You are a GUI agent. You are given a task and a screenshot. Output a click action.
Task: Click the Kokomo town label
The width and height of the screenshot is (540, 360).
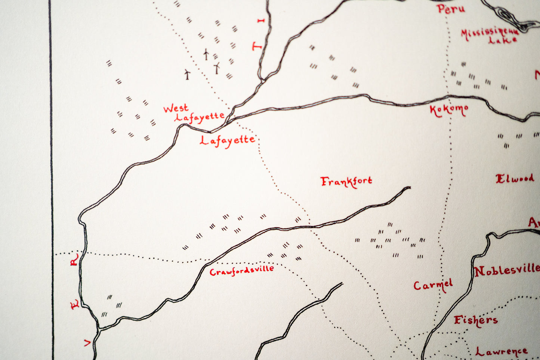point(449,110)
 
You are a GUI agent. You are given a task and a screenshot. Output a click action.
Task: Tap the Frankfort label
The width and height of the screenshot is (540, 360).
point(346,182)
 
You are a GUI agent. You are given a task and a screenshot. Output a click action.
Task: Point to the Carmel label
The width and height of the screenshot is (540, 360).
point(433,285)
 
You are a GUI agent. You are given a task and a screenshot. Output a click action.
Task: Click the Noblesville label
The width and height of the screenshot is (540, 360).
point(507,270)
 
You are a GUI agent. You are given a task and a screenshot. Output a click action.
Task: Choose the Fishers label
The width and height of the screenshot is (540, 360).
point(475,320)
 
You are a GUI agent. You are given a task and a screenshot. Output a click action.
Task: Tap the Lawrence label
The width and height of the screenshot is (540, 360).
point(501,351)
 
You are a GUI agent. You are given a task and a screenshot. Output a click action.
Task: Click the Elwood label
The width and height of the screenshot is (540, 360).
point(515,179)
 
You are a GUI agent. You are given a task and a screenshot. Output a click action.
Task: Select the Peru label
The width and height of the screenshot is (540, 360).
point(451,9)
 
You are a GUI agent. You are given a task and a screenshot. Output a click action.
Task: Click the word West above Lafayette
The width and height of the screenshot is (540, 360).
point(176,109)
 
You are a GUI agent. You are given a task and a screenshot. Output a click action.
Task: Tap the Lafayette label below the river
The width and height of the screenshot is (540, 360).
point(227,140)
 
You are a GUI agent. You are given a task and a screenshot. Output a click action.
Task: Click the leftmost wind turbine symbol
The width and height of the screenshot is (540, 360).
point(187,74)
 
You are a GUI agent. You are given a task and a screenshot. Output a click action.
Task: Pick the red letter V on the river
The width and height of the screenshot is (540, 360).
point(87,342)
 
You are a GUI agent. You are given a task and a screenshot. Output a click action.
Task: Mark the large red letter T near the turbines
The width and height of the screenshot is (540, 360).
point(257,47)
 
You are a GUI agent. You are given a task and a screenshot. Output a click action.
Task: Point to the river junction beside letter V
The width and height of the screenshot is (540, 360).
point(99,329)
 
